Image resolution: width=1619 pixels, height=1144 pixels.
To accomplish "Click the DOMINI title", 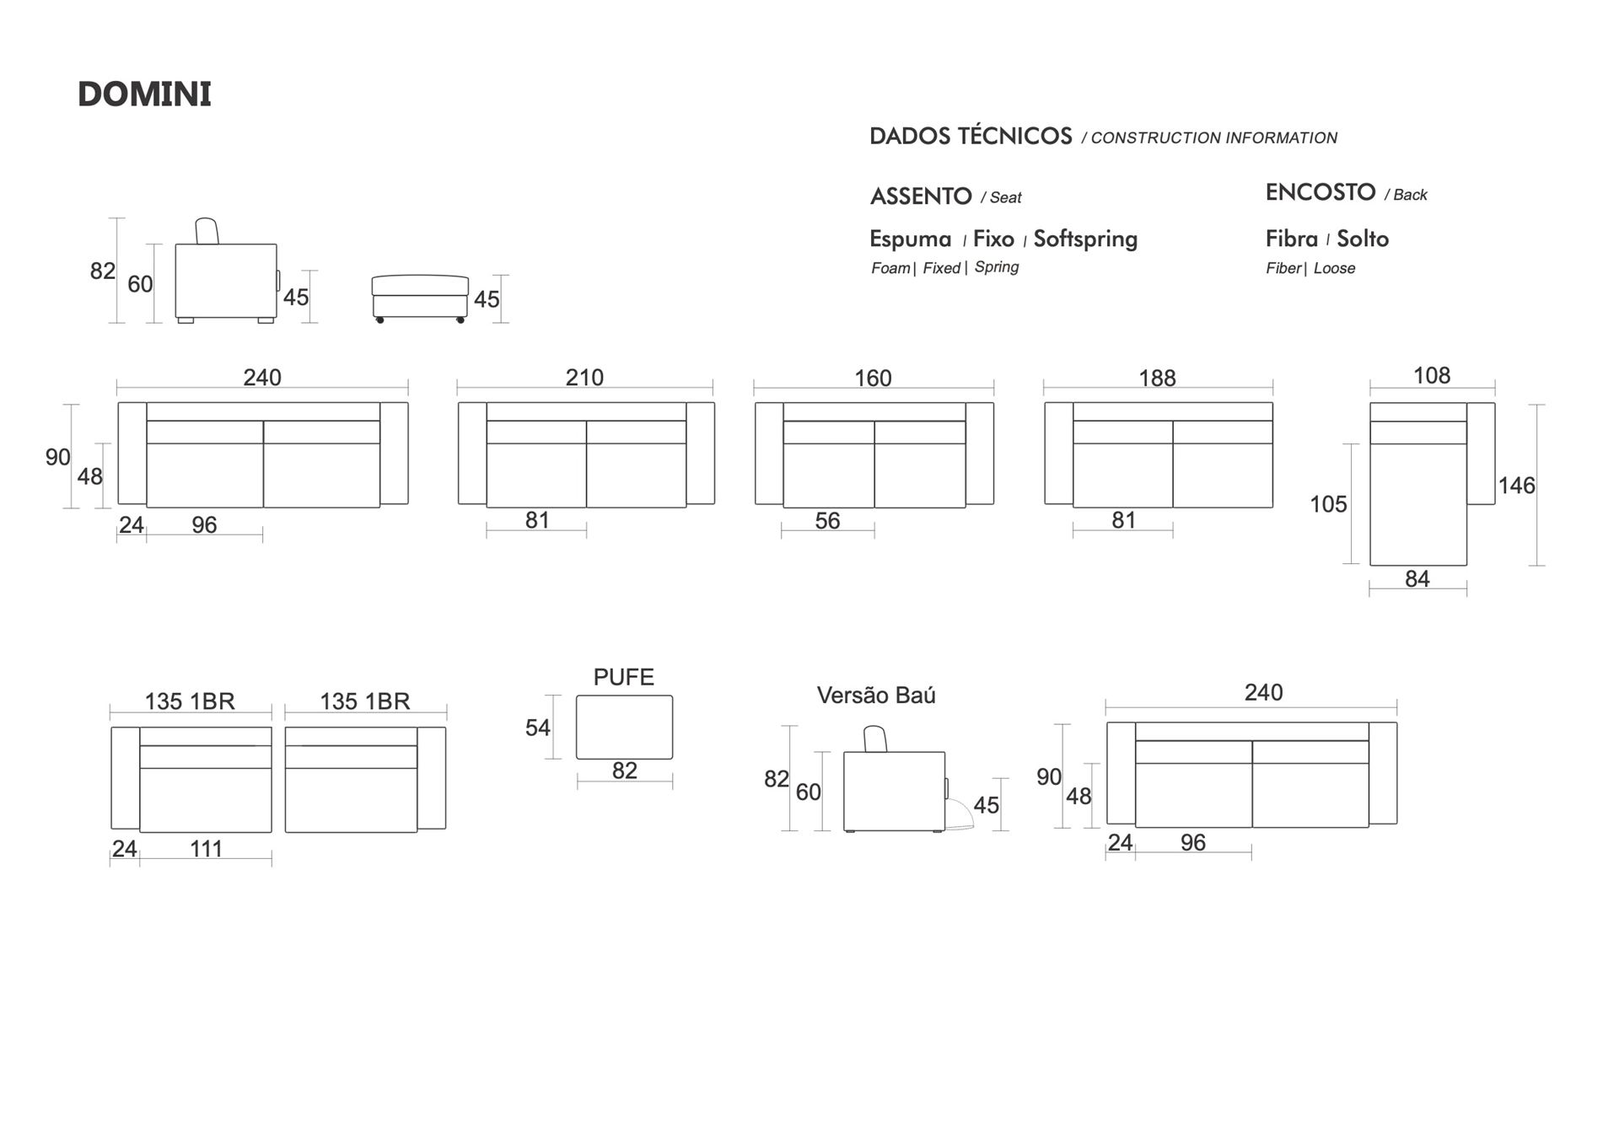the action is point(144,94).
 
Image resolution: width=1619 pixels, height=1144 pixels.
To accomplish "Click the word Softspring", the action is point(1085,239).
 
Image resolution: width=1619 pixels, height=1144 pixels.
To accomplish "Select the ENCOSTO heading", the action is point(1320,192).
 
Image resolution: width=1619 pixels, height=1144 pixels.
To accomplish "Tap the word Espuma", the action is point(911,239).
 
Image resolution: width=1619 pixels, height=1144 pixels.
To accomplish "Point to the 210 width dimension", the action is point(584,378).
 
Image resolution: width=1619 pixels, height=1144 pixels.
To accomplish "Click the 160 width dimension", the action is point(873,378).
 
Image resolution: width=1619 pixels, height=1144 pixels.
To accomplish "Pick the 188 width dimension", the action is point(1157,378).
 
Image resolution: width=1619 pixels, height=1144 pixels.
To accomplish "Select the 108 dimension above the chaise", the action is point(1432,375).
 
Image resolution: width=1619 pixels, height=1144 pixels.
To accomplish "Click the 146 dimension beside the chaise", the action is point(1516,486).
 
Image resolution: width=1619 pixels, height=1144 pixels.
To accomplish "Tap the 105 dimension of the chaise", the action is point(1328,504).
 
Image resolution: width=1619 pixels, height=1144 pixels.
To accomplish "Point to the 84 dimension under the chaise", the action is point(1417,579).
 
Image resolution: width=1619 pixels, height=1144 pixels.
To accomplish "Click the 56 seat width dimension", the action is point(827,521).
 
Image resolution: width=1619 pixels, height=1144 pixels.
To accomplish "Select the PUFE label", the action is point(624,677).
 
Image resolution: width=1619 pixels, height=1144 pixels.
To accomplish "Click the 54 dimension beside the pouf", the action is point(538,728).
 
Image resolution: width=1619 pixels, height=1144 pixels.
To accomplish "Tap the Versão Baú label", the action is point(876,696).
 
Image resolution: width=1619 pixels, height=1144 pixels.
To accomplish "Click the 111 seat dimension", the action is point(206,849).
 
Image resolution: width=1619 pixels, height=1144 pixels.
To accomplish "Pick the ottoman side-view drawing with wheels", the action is point(420,298).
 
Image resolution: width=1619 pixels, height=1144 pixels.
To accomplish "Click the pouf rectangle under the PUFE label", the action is point(624,727).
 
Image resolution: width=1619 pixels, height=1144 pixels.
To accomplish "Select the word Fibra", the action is point(1292,239).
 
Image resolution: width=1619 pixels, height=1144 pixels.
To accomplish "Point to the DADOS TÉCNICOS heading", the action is point(971,137).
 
